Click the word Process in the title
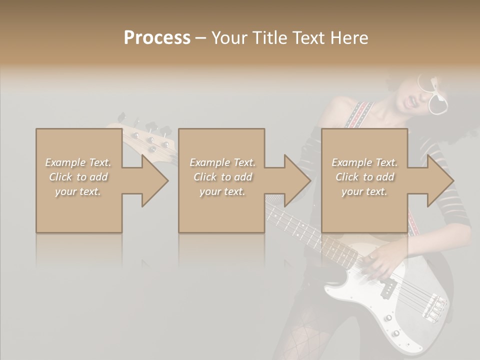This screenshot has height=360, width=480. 157,38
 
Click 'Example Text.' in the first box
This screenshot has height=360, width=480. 78,162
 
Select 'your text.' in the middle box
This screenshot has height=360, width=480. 222,191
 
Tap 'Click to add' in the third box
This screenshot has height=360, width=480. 364,177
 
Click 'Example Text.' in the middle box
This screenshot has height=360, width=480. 222,162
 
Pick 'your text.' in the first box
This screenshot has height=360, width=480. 78,191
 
